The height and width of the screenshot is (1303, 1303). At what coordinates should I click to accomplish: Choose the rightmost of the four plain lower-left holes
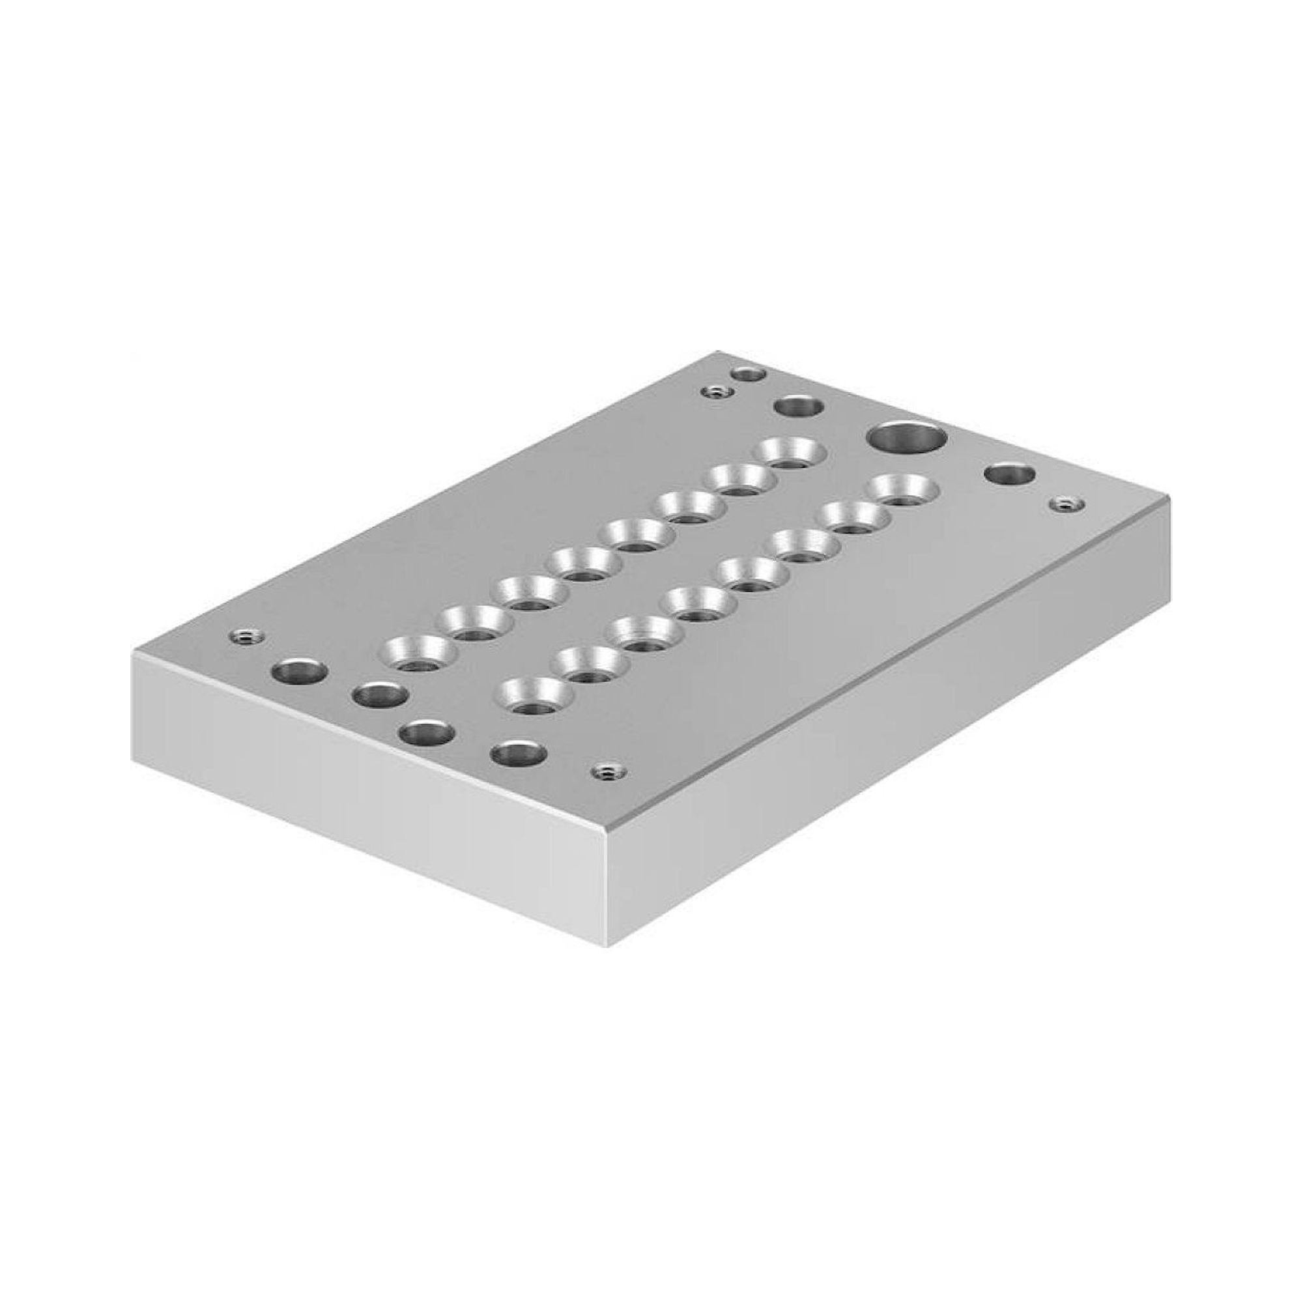point(518,753)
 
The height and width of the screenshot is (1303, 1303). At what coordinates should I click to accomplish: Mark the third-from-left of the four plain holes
point(426,732)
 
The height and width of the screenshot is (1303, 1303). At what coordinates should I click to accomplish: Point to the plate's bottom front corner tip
point(608,944)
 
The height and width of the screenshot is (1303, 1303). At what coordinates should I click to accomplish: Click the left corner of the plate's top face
point(133,652)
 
